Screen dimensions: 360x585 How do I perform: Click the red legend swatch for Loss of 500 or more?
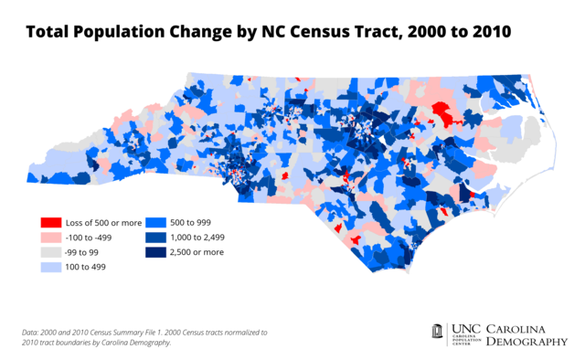(51, 222)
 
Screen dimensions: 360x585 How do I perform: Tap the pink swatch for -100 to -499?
(51, 237)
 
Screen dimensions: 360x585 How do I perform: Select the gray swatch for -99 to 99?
(51, 251)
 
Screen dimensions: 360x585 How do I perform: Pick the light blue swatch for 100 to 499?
(51, 267)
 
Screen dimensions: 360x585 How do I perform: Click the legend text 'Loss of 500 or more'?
(100, 222)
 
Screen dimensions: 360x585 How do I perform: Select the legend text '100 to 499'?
(88, 267)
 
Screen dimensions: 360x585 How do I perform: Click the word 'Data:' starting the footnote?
(31, 332)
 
